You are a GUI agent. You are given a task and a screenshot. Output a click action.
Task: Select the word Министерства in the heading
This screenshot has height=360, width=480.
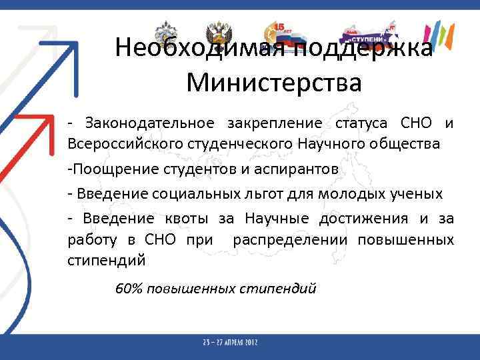[x=274, y=83]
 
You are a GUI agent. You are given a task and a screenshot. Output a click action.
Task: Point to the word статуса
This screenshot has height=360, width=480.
[x=363, y=123]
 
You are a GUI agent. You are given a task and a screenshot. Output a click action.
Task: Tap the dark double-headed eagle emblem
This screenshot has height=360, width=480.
[x=218, y=33]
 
